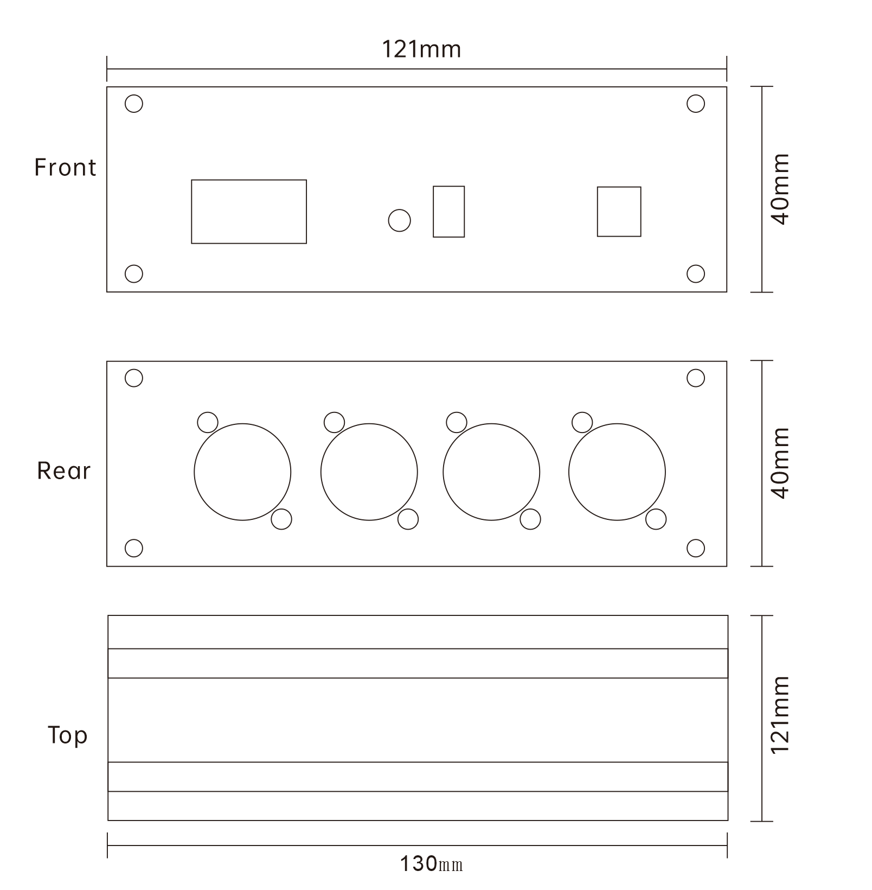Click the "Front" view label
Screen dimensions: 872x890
point(65,167)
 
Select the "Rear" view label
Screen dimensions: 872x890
point(63,471)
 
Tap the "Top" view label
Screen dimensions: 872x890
point(67,736)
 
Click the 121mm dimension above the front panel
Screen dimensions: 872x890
point(421,49)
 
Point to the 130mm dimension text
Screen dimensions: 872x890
point(431,863)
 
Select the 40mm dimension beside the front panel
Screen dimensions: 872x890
point(780,189)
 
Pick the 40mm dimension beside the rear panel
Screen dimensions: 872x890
point(780,463)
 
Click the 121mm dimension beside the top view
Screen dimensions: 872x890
point(780,715)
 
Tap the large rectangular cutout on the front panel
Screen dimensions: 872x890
point(191,212)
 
